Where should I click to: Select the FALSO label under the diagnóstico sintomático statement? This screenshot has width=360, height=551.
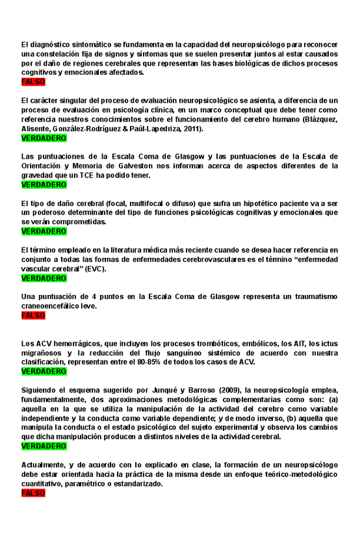pyautogui.click(x=33, y=83)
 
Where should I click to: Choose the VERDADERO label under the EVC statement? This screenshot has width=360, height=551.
pyautogui.click(x=44, y=278)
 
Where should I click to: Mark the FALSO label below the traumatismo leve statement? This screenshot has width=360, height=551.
pyautogui.click(x=33, y=315)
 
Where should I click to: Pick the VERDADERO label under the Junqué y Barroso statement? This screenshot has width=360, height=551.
pyautogui.click(x=44, y=446)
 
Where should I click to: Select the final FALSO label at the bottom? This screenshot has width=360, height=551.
pyautogui.click(x=33, y=493)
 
